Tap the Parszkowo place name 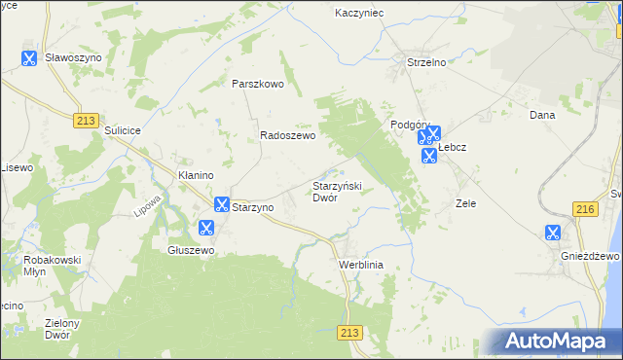point(257,84)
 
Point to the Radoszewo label point(287,137)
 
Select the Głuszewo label point(191,249)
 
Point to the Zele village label point(465,204)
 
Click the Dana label point(541,115)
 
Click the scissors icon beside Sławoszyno point(29,58)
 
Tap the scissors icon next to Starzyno point(221,204)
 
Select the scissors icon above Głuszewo point(205,228)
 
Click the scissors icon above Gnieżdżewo point(552,233)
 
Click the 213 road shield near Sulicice point(84,119)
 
